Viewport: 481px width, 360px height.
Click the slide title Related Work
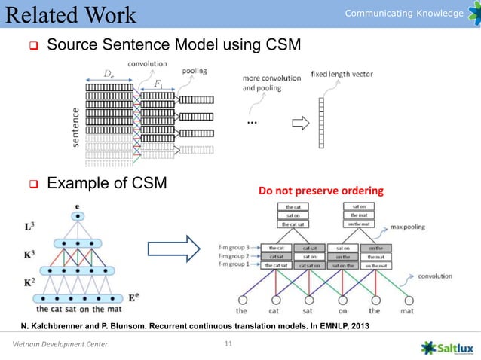(x=69, y=15)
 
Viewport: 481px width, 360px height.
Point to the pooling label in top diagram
(x=194, y=71)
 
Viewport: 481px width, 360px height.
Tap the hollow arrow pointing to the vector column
(x=300, y=124)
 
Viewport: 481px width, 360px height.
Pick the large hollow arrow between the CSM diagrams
(x=171, y=248)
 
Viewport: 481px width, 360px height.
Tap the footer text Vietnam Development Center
(x=60, y=346)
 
